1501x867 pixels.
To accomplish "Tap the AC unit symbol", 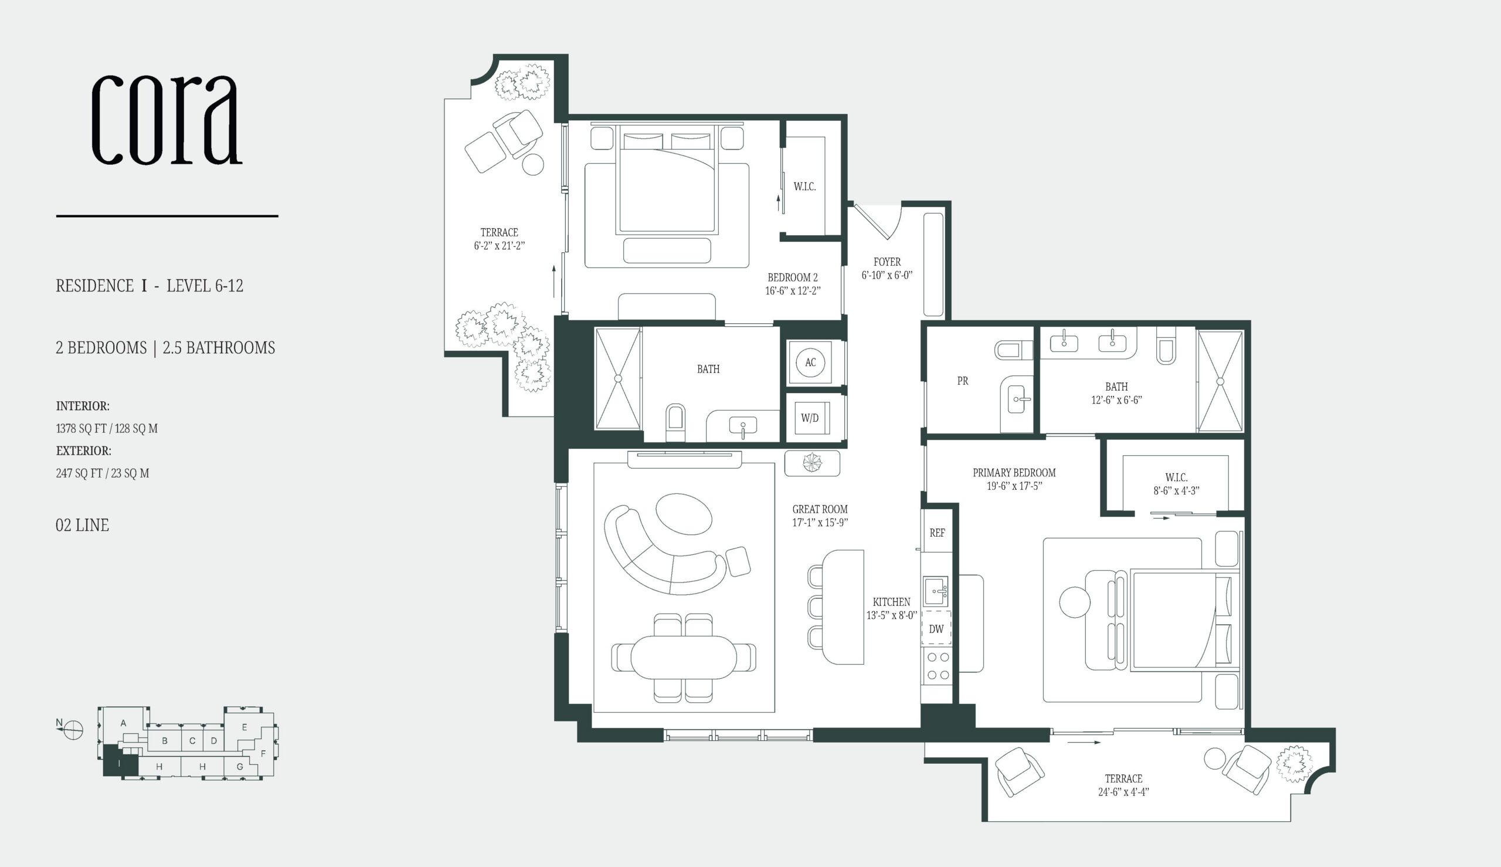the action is click(x=810, y=362).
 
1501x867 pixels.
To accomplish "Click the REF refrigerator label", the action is click(x=937, y=533).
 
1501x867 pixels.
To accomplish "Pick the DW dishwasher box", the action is click(x=936, y=628).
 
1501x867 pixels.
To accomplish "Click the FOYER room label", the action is click(x=887, y=262).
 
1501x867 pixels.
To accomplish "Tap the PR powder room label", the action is click(x=962, y=381).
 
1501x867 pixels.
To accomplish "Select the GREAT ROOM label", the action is click(x=820, y=509).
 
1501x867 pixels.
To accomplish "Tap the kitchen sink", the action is click(x=936, y=591).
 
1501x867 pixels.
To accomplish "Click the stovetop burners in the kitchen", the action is click(x=937, y=666).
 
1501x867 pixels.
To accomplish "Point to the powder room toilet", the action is click(x=1014, y=350).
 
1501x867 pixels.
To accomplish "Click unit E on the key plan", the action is click(x=244, y=727).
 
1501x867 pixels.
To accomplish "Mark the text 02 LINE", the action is click(x=82, y=525).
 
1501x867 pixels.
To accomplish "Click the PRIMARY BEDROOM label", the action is click(x=1014, y=473).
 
